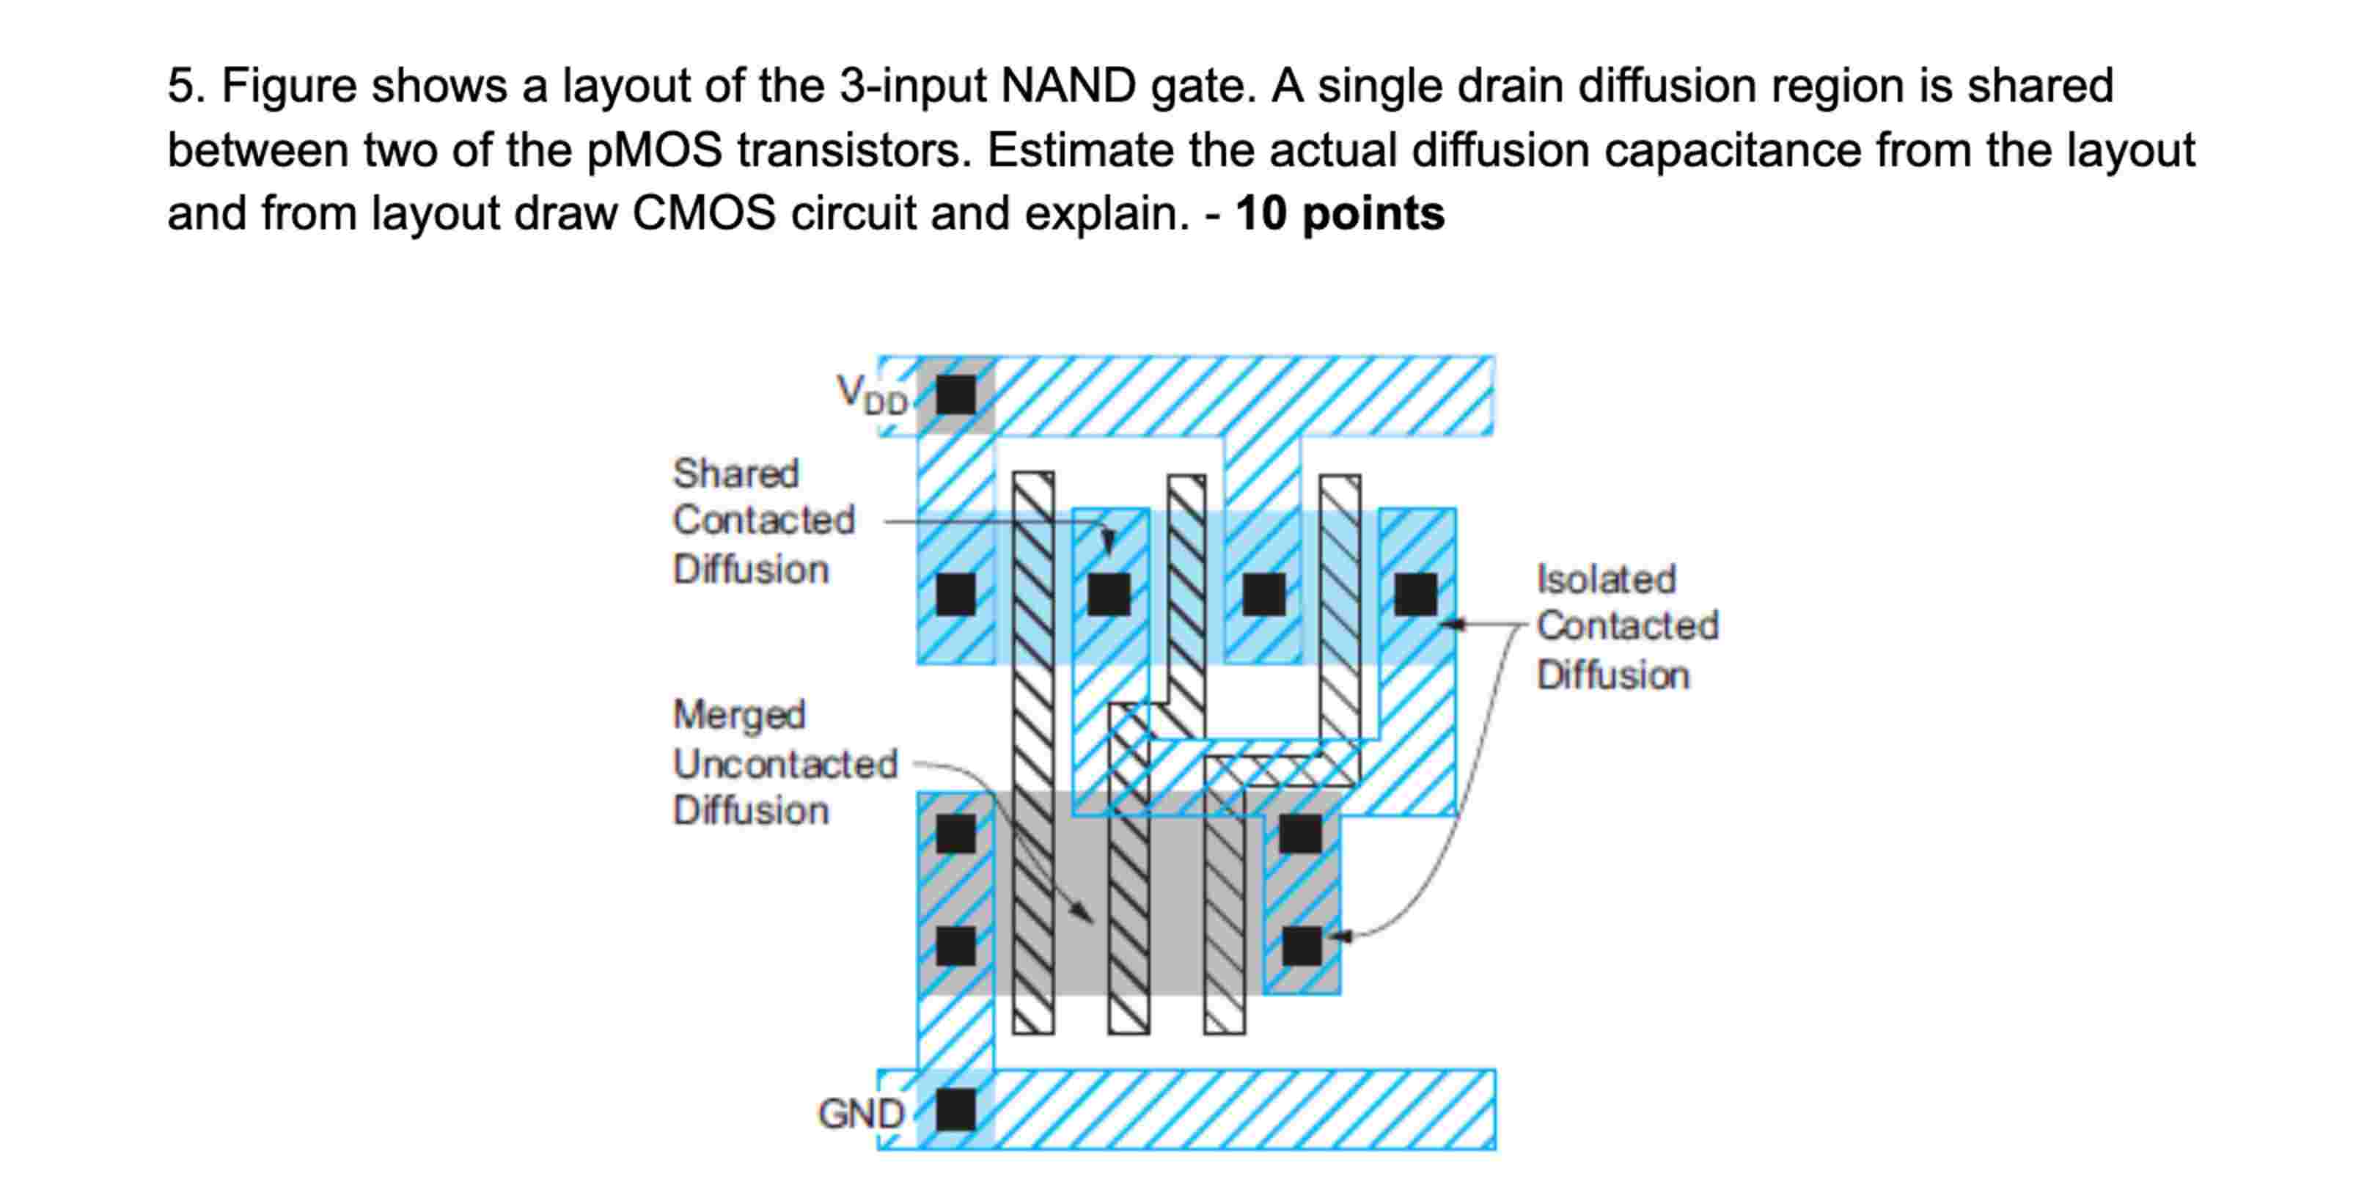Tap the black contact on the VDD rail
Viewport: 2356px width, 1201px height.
pos(955,395)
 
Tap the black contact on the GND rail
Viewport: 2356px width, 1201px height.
pos(955,1109)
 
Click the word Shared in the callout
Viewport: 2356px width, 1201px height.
pos(735,474)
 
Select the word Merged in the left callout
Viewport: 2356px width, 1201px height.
pos(739,714)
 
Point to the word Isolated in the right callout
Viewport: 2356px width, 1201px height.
pos(1605,579)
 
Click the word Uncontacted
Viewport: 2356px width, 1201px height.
pos(785,764)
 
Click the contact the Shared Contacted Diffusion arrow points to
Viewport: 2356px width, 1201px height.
pos(1109,595)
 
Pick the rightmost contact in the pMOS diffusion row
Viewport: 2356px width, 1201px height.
pos(1415,595)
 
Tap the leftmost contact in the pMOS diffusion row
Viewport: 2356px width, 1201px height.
pos(955,595)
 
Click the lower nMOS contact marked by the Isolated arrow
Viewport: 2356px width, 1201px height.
pos(1302,946)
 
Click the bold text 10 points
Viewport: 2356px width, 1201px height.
pos(1339,213)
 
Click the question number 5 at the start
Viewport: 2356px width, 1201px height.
pos(180,86)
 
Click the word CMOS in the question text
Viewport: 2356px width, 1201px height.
pos(703,213)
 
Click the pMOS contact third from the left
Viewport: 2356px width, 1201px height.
pos(1264,595)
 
